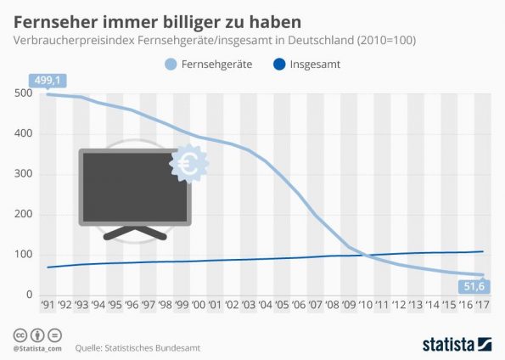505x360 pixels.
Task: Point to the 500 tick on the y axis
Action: pyautogui.click(x=24, y=93)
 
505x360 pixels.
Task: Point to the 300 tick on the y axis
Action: pyautogui.click(x=24, y=173)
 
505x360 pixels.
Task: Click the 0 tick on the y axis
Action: pyautogui.click(x=29, y=295)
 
